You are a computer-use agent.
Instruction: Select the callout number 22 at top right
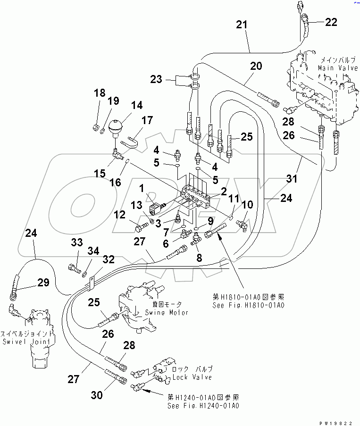331,22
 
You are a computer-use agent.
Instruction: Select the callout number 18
99,93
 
